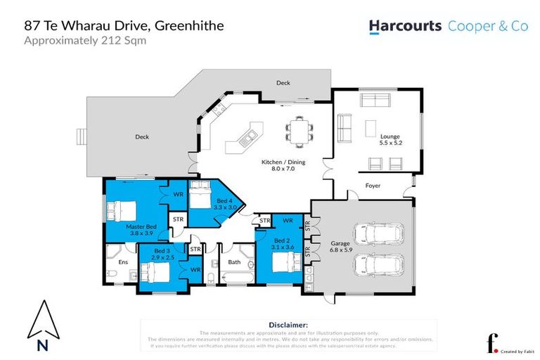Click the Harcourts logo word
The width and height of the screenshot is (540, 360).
[x=406, y=26]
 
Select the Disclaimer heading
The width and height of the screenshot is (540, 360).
[x=288, y=325]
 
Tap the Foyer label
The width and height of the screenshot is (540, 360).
[x=372, y=186]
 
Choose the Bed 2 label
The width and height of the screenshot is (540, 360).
[x=285, y=244]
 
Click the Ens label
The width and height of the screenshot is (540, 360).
[x=122, y=262]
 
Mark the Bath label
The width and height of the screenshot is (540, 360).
[x=234, y=262]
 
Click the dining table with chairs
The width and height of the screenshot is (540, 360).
[x=298, y=132]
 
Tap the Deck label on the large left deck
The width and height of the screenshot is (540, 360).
[x=141, y=137]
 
